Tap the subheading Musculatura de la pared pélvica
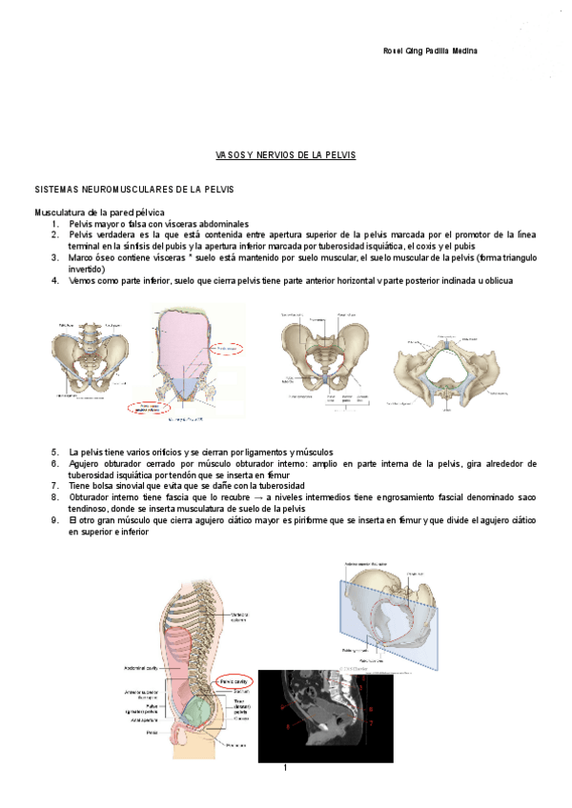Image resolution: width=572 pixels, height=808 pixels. tap(99, 212)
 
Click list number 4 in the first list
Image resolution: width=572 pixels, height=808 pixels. tap(55, 280)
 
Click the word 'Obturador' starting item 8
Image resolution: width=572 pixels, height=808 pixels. tap(91, 497)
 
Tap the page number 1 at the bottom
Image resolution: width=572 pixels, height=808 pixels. tap(285, 767)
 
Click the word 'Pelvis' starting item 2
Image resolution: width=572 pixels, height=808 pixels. tap(81, 234)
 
